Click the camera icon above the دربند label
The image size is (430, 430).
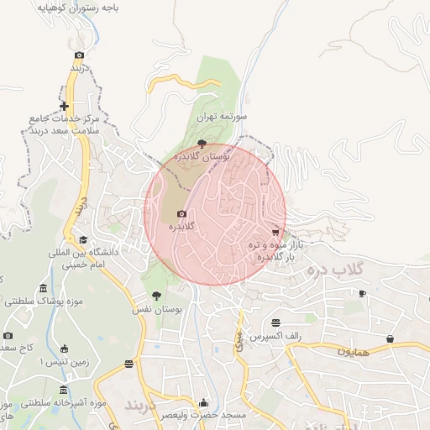(79, 55)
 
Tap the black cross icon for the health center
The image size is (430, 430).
(65, 106)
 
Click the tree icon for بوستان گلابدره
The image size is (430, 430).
(201, 144)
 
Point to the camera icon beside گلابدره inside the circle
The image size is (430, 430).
(181, 214)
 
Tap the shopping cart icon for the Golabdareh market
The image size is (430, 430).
(275, 232)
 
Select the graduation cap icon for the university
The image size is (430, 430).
(81, 239)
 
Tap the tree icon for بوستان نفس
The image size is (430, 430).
(156, 296)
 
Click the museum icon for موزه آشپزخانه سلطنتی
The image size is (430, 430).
(63, 391)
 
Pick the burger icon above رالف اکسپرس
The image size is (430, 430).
(276, 322)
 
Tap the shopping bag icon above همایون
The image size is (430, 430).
(390, 338)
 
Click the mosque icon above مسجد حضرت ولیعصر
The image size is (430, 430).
(202, 402)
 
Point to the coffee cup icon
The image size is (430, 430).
(362, 293)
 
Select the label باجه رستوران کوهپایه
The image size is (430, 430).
(78, 8)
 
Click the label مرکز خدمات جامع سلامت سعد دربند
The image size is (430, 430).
(65, 125)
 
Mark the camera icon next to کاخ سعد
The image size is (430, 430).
(8, 336)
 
